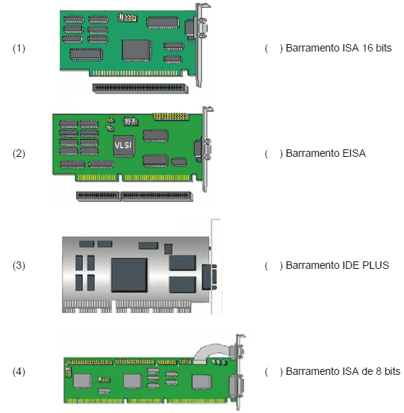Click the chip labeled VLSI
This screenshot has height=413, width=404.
click(124, 146)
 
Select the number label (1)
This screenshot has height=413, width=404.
click(19, 49)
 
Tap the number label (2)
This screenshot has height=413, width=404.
click(19, 154)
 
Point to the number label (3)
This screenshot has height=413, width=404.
click(19, 266)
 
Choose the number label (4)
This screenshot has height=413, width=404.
click(19, 372)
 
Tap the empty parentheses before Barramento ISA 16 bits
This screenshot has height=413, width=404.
click(274, 49)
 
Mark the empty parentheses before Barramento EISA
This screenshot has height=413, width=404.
click(274, 154)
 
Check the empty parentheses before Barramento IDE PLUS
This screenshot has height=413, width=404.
click(274, 266)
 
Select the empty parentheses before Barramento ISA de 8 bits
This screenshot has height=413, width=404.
click(274, 372)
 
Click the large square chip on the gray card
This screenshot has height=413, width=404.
click(129, 275)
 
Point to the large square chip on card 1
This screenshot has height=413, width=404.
click(136, 50)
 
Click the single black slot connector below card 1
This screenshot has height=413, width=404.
click(140, 88)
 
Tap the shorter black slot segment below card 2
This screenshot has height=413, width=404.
click(98, 196)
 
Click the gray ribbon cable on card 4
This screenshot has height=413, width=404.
click(212, 353)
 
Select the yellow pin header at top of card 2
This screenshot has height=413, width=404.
click(171, 117)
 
